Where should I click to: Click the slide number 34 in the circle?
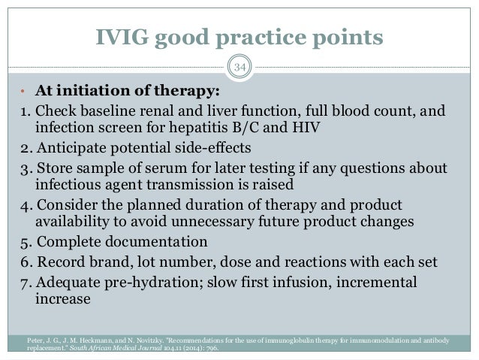(x=239, y=71)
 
